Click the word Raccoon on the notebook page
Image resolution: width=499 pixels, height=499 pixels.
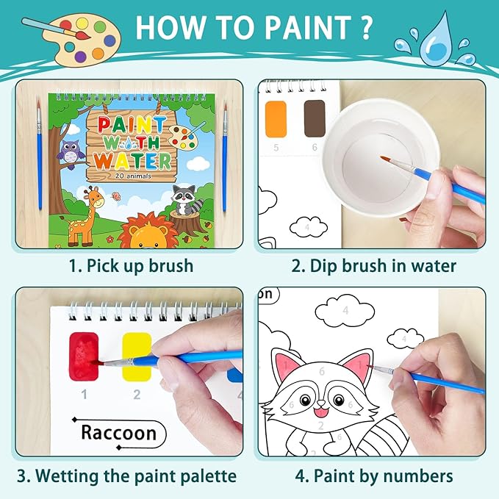tap(118, 433)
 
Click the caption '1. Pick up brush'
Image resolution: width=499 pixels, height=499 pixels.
tap(128, 265)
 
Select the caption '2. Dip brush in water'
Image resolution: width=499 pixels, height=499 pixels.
tap(373, 265)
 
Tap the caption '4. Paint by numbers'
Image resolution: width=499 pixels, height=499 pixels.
tap(373, 475)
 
